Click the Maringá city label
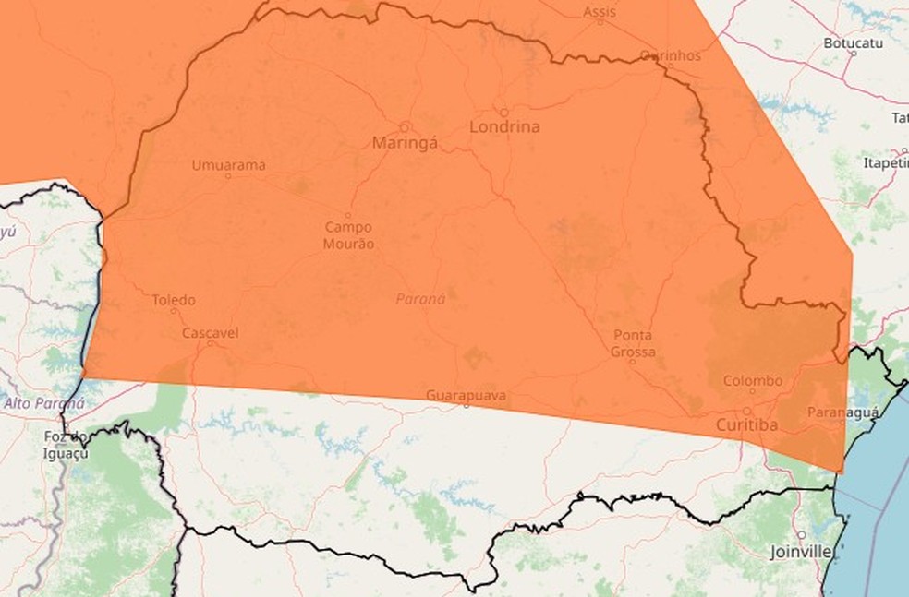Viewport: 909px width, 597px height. pos(405,143)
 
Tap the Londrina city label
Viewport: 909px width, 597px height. pos(504,127)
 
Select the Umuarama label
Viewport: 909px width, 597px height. pos(228,165)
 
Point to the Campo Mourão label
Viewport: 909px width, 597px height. pos(348,235)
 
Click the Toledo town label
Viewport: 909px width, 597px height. pos(174,300)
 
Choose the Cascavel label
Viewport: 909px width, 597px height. pos(210,331)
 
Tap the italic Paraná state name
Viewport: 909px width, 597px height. pos(420,298)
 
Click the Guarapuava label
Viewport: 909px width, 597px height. pos(466,395)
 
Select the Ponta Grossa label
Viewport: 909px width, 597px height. pos(633,343)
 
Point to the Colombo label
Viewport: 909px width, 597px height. pos(752,380)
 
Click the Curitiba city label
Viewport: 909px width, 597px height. pos(747,424)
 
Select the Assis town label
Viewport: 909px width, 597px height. pos(600,12)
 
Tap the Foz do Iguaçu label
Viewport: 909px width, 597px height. pos(65,445)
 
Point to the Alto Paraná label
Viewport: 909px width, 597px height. pos(43,403)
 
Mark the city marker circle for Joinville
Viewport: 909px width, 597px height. pos(802,535)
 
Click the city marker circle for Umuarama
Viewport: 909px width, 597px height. pos(228,176)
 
